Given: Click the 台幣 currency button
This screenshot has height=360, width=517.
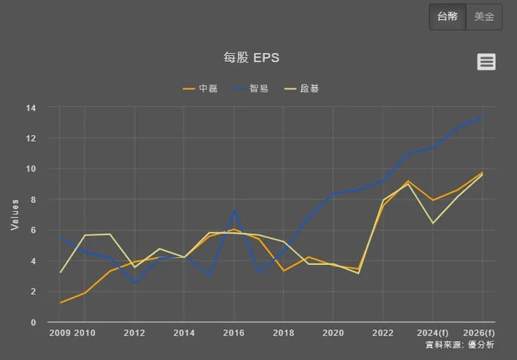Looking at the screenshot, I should [447, 17].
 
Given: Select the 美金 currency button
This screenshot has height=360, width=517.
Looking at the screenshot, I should [484, 17].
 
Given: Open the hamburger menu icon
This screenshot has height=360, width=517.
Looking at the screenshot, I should [486, 62].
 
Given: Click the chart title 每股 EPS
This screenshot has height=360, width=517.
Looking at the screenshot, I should [252, 58].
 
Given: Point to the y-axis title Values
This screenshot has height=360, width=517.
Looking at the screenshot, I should [15, 215].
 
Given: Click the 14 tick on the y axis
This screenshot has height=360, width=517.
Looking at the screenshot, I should [31, 108].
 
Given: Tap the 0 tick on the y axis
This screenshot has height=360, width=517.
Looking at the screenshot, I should [33, 322].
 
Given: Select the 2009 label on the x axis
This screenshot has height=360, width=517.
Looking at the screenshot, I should [60, 333].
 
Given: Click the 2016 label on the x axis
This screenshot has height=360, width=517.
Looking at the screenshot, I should [233, 333].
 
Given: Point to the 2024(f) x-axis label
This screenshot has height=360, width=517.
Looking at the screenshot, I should [432, 333].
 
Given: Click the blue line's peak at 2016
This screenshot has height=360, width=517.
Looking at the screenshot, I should [234, 211].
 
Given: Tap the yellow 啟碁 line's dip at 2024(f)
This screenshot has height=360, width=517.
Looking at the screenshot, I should [433, 223].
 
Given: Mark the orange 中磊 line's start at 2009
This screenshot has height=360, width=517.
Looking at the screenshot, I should [60, 303].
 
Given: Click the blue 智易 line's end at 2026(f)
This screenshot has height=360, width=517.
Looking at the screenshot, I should [482, 117].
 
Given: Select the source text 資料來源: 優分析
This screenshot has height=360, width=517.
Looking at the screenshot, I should [459, 345].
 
